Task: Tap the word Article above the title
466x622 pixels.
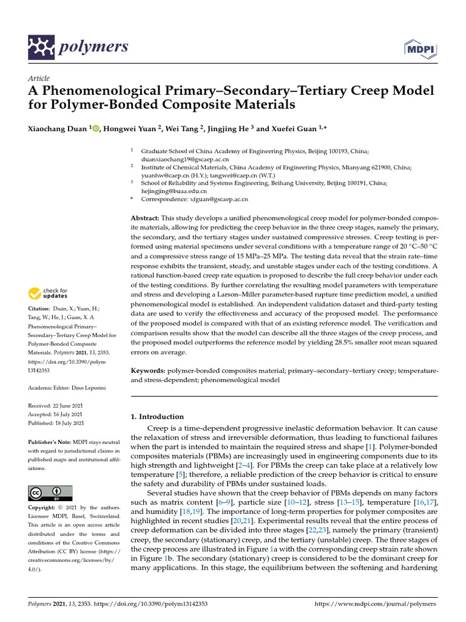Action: click(x=39, y=78)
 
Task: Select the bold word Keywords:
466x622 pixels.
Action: click(x=148, y=370)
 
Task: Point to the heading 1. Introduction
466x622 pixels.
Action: click(x=157, y=417)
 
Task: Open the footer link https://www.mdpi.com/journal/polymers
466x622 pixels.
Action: click(x=376, y=604)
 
